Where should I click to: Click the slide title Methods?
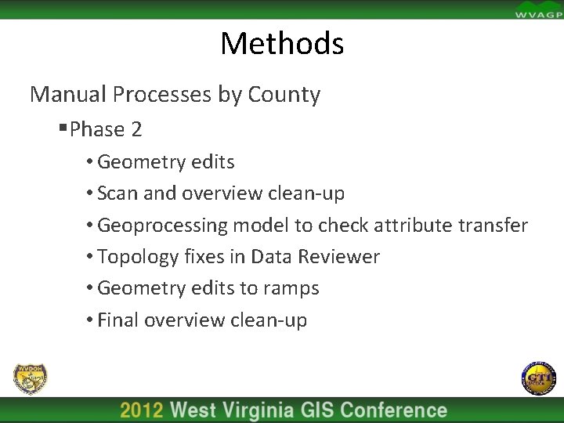(x=282, y=43)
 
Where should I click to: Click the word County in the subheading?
(x=284, y=95)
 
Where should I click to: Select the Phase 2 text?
(x=106, y=129)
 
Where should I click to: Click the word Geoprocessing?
(x=162, y=226)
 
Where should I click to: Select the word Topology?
(x=135, y=257)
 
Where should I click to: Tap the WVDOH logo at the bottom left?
(x=30, y=379)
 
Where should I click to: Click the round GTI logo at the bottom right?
(x=537, y=379)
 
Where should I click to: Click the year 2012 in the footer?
(x=142, y=410)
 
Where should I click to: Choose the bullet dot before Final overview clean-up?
(x=91, y=320)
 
